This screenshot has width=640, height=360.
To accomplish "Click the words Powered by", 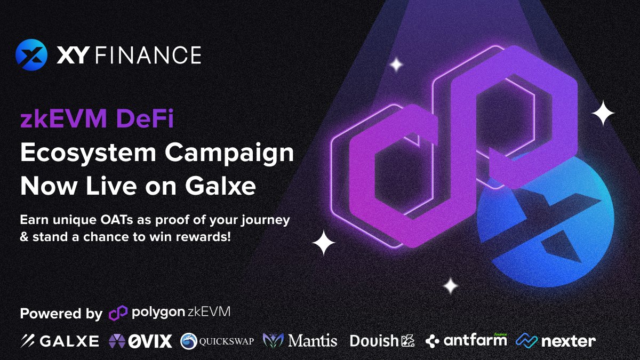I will click(61, 313).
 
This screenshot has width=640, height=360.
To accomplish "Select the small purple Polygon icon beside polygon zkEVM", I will click(118, 313).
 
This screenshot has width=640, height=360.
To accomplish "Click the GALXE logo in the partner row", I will click(60, 341).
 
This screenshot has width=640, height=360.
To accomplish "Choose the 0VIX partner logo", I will click(140, 341).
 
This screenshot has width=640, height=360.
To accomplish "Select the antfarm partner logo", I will click(467, 340).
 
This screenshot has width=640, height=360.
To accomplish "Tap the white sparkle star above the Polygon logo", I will click(396, 65).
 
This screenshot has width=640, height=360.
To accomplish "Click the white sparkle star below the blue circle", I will click(451, 286).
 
